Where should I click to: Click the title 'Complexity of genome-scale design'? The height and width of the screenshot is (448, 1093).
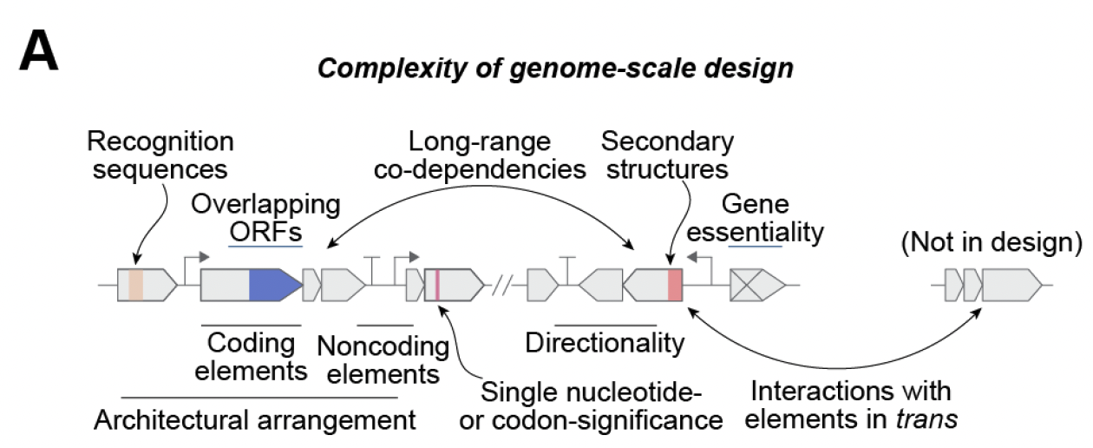[x=555, y=69]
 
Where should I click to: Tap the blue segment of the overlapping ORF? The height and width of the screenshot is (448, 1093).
[x=272, y=285]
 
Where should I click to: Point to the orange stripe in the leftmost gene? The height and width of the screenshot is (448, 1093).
[x=135, y=285]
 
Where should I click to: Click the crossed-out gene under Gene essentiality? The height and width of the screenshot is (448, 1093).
[x=756, y=285]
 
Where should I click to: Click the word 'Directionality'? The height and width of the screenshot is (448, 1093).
[x=605, y=344]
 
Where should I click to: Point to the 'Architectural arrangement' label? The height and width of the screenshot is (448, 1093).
[x=255, y=422]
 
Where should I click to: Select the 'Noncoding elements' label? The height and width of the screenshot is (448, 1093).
[x=383, y=359]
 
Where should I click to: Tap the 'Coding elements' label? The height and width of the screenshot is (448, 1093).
[x=252, y=357]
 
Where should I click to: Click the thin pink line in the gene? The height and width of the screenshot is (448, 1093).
[x=437, y=285]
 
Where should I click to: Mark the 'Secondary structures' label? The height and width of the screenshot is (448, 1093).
[x=667, y=154]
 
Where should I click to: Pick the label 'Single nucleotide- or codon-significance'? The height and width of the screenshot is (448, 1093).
[x=602, y=406]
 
